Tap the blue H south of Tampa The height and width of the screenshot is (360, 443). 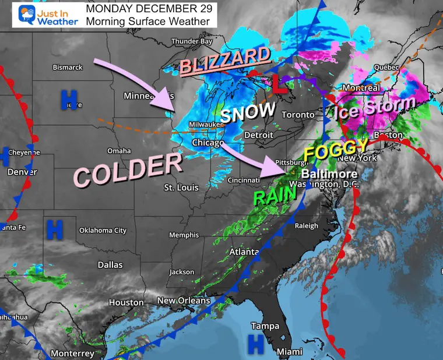pyautogui.click(x=255, y=344)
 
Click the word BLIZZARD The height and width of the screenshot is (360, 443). pyautogui.click(x=225, y=61)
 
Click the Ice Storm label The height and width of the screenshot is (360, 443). pyautogui.click(x=375, y=107)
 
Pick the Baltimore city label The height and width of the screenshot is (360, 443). pyautogui.click(x=329, y=174)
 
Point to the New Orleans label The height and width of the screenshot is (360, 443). pyautogui.click(x=184, y=301)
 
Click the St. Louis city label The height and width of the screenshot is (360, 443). pyautogui.click(x=181, y=188)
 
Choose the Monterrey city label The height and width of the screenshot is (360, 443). pyautogui.click(x=72, y=354)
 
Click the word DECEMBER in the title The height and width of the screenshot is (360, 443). pyautogui.click(x=149, y=9)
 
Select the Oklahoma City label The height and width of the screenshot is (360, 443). pyautogui.click(x=103, y=230)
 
